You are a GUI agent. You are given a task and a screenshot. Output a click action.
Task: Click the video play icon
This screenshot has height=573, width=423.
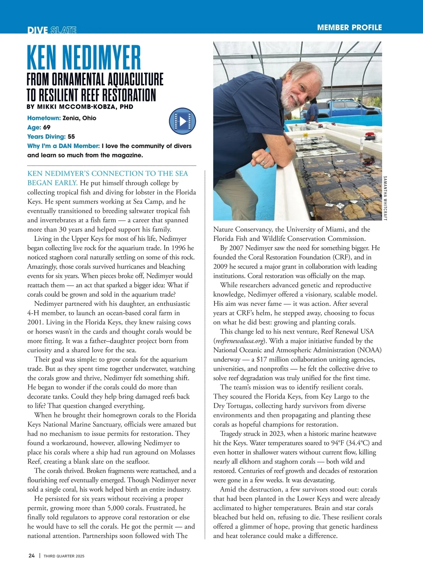(x=182, y=121)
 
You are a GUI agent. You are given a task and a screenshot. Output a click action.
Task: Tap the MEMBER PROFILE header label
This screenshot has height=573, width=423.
(x=349, y=27)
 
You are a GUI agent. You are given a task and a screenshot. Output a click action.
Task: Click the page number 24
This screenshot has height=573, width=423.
(x=32, y=556)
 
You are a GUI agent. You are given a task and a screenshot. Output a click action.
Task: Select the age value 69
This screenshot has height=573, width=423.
(x=47, y=127)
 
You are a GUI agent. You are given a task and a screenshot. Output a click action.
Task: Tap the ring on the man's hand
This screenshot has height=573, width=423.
(x=263, y=162)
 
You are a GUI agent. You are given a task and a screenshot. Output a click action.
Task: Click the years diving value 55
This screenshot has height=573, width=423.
(x=71, y=137)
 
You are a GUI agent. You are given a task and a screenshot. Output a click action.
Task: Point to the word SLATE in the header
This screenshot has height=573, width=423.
(x=63, y=30)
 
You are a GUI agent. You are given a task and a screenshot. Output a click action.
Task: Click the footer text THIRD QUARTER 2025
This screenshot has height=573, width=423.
(x=64, y=556)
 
